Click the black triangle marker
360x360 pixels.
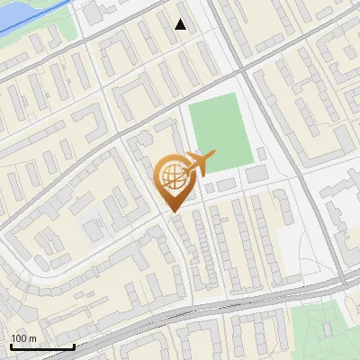coord(181,24)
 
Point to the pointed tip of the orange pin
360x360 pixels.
coord(173,212)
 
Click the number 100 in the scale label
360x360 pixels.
coord(19,337)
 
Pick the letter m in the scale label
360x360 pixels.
coord(32,337)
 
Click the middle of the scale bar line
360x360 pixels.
coord(42,346)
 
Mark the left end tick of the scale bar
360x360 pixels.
coord(11,346)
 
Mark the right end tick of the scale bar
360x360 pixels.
coord(74,346)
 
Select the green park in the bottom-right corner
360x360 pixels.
coord(324,333)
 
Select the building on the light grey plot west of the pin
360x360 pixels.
coord(94,230)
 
